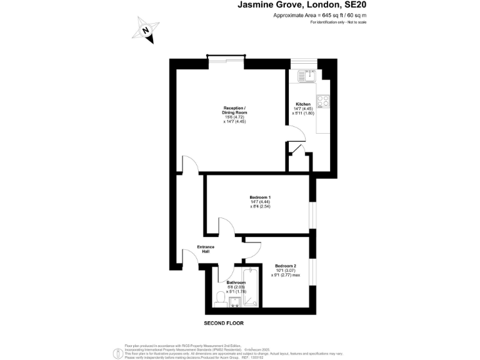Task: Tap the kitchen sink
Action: click(307, 76)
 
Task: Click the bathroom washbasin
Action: click(236, 303)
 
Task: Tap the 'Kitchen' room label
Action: click(303, 104)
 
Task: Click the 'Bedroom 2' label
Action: click(285, 265)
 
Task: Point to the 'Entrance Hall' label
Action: click(206, 249)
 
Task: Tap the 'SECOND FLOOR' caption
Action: click(224, 323)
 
